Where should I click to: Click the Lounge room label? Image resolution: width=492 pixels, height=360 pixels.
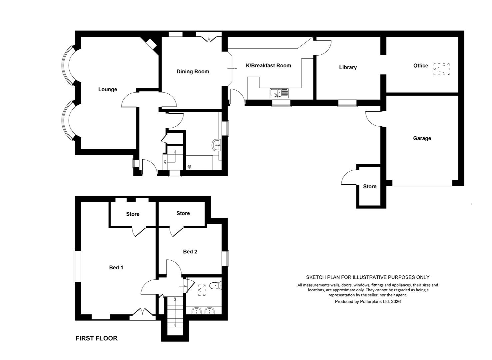[x=108, y=89]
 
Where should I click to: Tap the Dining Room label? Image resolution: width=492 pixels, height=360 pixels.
[x=193, y=71]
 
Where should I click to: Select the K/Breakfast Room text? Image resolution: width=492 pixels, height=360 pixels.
[x=268, y=65]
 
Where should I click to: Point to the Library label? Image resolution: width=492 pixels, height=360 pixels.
[x=348, y=67]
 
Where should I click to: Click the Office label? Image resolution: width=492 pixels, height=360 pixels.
[x=421, y=66]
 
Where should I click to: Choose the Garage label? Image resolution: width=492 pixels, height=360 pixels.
[x=422, y=138]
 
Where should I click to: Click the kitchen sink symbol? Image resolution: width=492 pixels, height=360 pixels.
[x=279, y=93]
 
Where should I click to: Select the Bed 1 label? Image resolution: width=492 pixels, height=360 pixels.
[x=116, y=267]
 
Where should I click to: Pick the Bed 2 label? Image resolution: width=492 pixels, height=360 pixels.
[x=190, y=252]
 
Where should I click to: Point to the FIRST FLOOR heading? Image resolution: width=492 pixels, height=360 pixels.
[x=97, y=338]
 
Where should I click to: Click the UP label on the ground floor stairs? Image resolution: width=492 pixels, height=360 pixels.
[x=165, y=162]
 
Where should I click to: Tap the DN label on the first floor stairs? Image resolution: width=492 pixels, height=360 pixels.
[x=175, y=299]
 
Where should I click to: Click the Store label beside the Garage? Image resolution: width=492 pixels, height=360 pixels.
[x=370, y=187]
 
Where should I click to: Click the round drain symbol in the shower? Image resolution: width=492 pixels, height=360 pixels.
[x=189, y=167]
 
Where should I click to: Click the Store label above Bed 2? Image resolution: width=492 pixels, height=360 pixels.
[x=183, y=213]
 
